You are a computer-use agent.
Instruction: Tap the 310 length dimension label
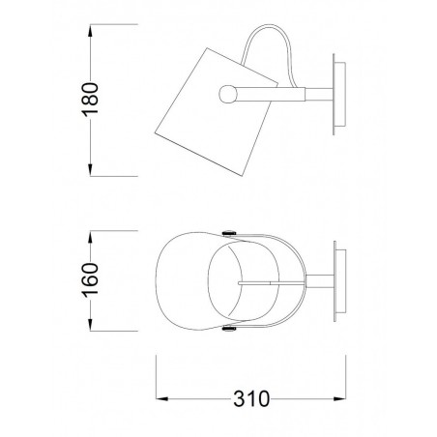251,399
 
